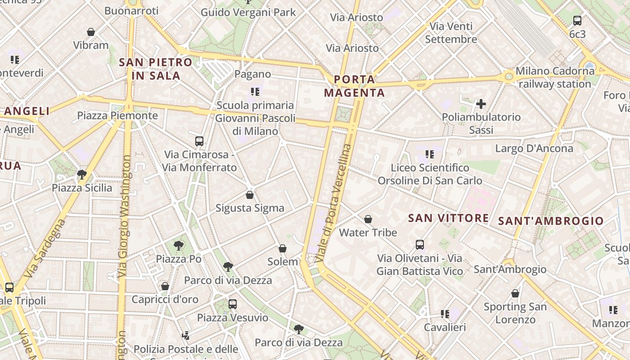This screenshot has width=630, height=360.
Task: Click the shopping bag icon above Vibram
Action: tap(91, 32)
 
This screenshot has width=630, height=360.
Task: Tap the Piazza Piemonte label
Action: tap(117, 116)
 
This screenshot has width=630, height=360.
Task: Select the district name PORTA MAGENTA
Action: tap(355, 86)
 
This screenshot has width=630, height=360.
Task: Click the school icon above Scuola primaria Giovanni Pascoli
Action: tap(255, 92)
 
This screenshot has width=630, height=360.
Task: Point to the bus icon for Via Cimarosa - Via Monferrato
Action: tap(199, 141)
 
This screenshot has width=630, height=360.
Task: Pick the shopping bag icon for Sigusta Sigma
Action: tap(250, 195)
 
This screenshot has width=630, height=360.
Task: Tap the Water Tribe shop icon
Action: tap(368, 219)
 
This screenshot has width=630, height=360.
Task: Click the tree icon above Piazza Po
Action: tap(179, 246)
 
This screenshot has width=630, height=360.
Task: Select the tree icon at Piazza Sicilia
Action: tap(82, 175)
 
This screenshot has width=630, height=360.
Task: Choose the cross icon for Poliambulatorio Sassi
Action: tap(481, 104)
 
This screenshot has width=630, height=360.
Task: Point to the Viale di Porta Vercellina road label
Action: tap(333, 203)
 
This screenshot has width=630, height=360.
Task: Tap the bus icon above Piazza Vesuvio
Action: tap(232, 304)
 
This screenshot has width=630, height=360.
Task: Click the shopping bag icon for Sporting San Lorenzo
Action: tap(515, 294)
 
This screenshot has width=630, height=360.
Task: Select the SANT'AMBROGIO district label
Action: tap(551, 221)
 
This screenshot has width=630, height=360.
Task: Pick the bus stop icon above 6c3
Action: tap(577, 20)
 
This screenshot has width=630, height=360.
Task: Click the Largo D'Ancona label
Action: tap(534, 148)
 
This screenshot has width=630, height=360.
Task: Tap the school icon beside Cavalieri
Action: tap(445, 314)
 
